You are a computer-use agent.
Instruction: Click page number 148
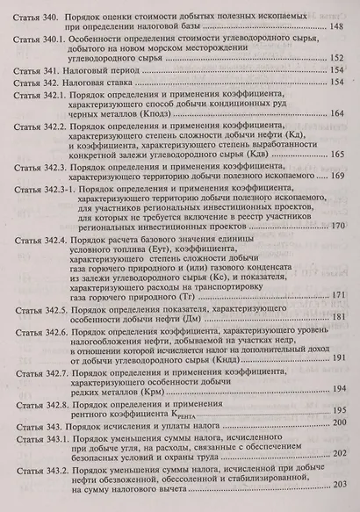[340, 28]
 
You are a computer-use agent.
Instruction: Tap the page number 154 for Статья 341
[340, 69]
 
